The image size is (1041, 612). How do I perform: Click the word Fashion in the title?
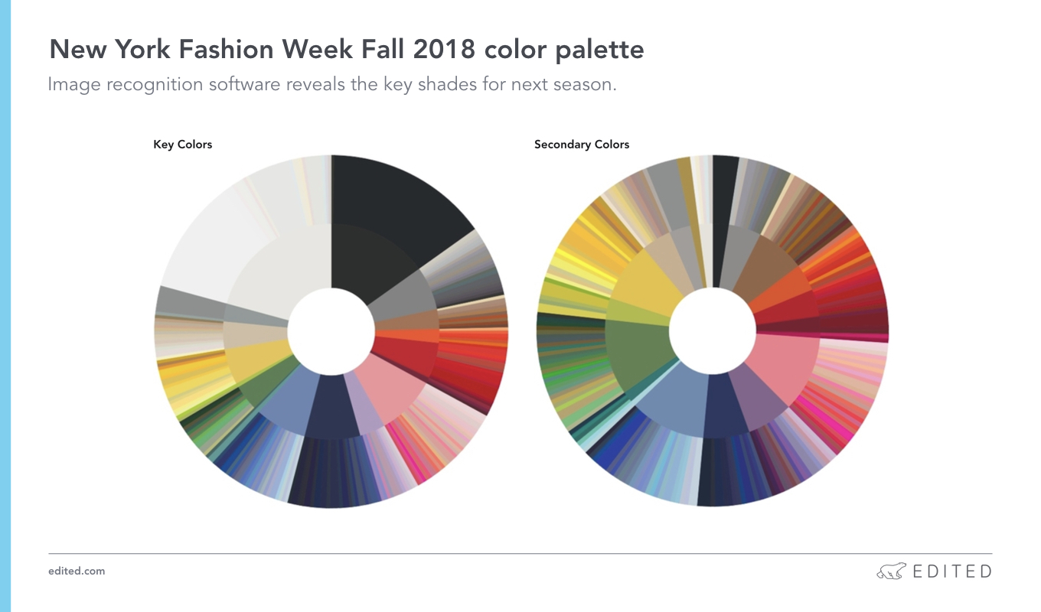coord(226,49)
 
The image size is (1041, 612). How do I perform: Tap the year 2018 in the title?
coord(444,49)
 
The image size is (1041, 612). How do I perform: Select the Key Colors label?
coord(183,145)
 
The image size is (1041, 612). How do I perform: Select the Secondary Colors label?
coord(582,145)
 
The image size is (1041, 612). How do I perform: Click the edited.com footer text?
coord(77,571)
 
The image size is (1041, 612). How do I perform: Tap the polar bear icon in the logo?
coord(891,571)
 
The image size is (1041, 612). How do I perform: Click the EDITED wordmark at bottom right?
coord(953,571)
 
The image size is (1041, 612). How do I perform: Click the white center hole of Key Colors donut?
coord(331,331)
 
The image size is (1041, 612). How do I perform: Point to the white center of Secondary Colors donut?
coord(713,331)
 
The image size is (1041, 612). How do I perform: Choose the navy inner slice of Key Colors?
coord(331,406)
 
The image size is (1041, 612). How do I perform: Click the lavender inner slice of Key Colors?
coord(367,403)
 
